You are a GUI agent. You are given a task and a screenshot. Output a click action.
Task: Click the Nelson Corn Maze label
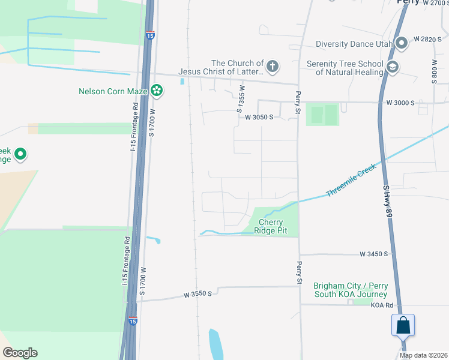coord(113,91)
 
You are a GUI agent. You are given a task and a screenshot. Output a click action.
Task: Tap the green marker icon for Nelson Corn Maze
coord(157,91)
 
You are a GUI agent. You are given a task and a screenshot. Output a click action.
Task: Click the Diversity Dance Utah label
coord(355,43)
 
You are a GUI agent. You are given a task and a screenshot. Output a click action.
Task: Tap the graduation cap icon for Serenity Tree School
coord(393,66)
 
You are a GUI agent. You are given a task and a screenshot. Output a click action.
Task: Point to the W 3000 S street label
coord(400,103)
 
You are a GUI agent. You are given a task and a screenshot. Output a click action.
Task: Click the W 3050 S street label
coord(259,117)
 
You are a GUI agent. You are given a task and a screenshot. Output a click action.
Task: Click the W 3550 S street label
coord(199,295)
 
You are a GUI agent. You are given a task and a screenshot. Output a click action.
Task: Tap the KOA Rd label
coord(381,305)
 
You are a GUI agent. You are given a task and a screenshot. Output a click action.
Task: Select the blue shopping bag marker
coord(403,325)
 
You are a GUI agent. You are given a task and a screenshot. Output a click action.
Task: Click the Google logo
coord(20,353)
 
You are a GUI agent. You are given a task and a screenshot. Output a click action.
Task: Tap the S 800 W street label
coord(435,71)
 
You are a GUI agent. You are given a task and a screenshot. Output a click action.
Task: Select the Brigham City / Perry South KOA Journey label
coord(350,290)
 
